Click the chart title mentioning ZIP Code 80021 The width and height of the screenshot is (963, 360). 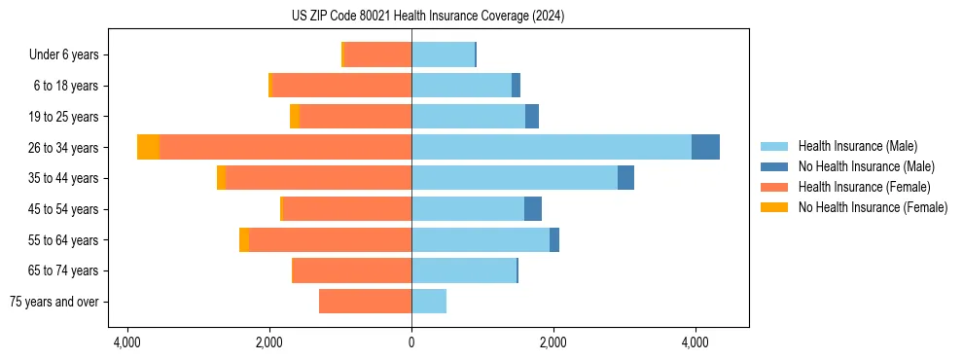click(x=427, y=17)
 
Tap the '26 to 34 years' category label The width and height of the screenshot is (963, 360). click(x=63, y=147)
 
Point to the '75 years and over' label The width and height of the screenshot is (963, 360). click(x=54, y=302)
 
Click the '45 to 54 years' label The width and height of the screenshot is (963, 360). click(x=63, y=209)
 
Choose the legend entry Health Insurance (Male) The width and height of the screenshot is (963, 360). click(x=857, y=146)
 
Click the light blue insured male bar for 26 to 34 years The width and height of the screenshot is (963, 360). click(x=551, y=147)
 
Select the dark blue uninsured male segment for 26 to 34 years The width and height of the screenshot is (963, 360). click(x=705, y=147)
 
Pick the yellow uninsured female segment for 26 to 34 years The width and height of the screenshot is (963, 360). click(x=148, y=147)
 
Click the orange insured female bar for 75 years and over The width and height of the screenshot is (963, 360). click(x=365, y=302)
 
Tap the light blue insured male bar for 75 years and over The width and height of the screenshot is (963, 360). click(x=429, y=302)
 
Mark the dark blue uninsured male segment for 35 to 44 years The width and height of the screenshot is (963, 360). click(x=625, y=178)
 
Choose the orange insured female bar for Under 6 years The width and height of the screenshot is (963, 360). click(x=377, y=54)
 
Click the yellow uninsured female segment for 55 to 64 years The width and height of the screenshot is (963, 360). click(x=244, y=239)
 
